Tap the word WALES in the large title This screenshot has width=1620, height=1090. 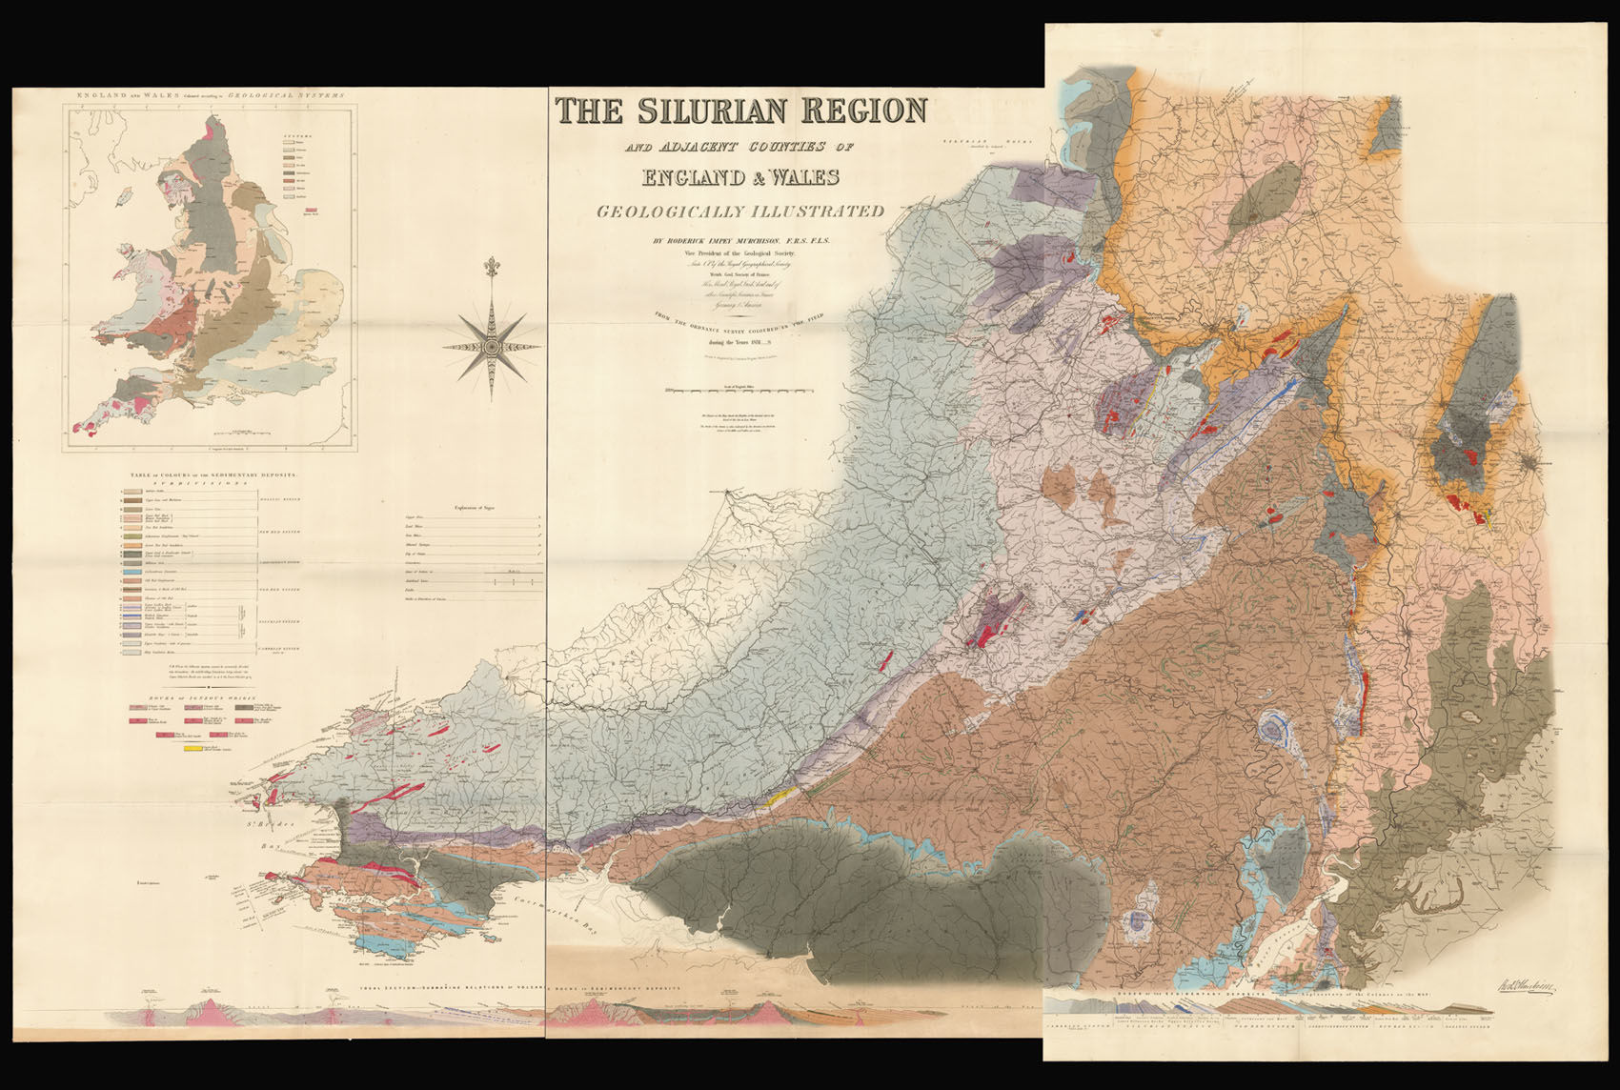pos(791,177)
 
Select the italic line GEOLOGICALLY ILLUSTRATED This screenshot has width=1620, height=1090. pos(740,212)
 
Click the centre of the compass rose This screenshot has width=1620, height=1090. pos(491,347)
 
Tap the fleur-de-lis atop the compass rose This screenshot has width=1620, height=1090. pos(492,268)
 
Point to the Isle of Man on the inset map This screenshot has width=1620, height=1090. pos(121,202)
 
